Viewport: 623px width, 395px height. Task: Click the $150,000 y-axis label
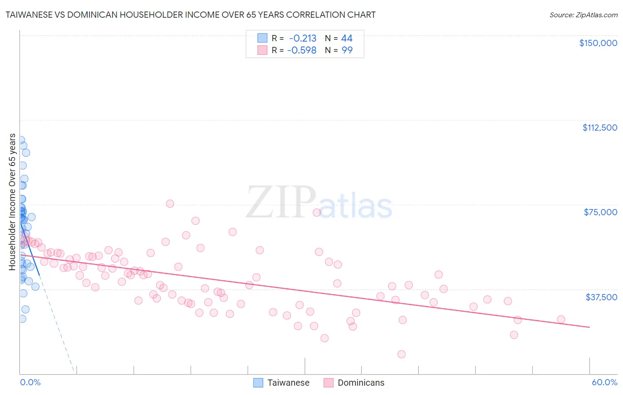click(x=598, y=43)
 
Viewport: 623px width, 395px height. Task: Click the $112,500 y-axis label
click(x=600, y=128)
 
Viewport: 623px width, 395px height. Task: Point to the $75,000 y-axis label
click(x=600, y=212)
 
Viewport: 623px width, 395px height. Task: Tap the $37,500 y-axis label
click(x=601, y=297)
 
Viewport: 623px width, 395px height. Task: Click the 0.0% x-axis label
click(x=30, y=382)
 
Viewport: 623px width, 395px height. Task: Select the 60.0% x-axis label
click(x=604, y=382)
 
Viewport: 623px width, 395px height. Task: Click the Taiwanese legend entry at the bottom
click(x=288, y=383)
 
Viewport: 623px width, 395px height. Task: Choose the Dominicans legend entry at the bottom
click(x=361, y=383)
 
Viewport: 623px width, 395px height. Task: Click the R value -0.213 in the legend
click(x=303, y=39)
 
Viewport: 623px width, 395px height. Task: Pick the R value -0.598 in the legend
click(x=302, y=50)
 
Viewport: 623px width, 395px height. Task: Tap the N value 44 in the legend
click(x=347, y=39)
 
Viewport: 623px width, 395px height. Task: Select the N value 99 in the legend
click(x=347, y=50)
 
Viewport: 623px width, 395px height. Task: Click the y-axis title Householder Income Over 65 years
click(x=12, y=202)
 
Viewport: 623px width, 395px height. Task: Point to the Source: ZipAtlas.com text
click(x=583, y=15)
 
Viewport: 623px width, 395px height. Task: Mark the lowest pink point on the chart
click(x=401, y=354)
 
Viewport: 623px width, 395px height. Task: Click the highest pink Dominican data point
click(x=170, y=204)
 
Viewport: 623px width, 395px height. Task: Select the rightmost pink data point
click(x=561, y=319)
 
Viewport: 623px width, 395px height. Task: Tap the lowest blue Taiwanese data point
click(x=22, y=319)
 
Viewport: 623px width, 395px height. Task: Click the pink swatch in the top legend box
click(x=262, y=50)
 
